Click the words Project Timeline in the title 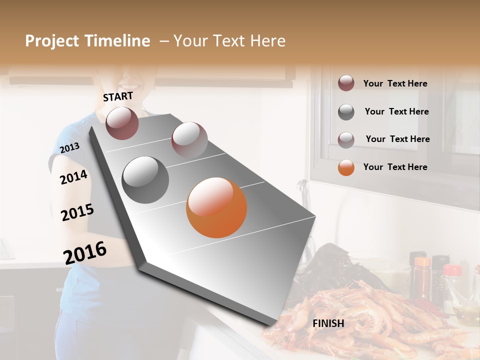pyautogui.click(x=87, y=41)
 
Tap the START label pyautogui.click(x=118, y=96)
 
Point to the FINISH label pyautogui.click(x=328, y=323)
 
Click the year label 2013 pyautogui.click(x=69, y=147)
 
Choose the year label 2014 pyautogui.click(x=73, y=177)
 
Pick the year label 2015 pyautogui.click(x=77, y=212)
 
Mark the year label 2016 pyautogui.click(x=85, y=252)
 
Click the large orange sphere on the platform pyautogui.click(x=216, y=207)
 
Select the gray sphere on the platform pyautogui.click(x=145, y=180)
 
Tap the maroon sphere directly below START pyautogui.click(x=122, y=123)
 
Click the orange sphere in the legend pyautogui.click(x=346, y=167)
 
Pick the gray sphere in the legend pyautogui.click(x=346, y=112)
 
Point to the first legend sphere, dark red pyautogui.click(x=346, y=83)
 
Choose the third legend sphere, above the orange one pyautogui.click(x=346, y=140)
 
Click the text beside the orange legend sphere pyautogui.click(x=395, y=167)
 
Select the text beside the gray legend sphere pyautogui.click(x=396, y=111)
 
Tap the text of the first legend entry pyautogui.click(x=395, y=83)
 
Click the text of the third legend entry pyautogui.click(x=397, y=139)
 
